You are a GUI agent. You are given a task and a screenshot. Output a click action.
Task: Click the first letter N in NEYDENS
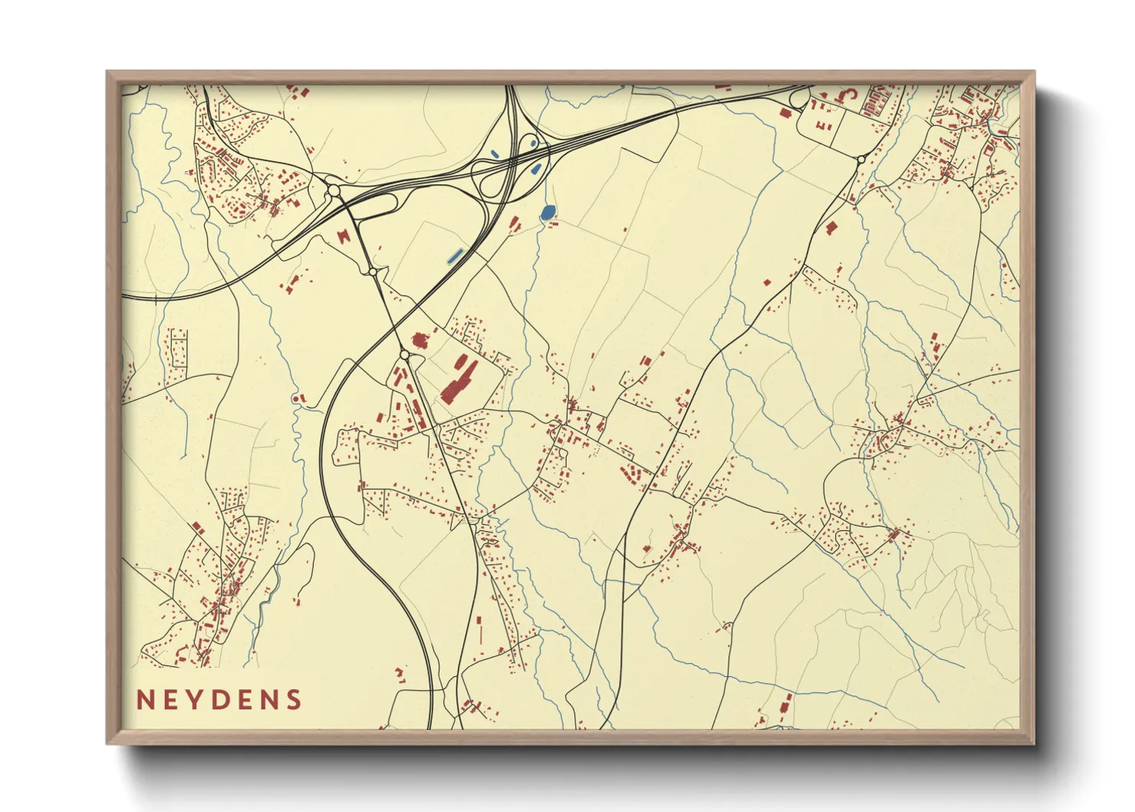click(x=144, y=700)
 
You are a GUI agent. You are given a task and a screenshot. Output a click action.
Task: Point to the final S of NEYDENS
click(x=293, y=700)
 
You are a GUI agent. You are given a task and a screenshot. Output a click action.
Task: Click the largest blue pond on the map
click(x=547, y=213)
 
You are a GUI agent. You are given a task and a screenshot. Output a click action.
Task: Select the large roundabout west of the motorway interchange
click(x=334, y=190)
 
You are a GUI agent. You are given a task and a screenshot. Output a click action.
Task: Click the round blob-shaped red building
click(x=419, y=339)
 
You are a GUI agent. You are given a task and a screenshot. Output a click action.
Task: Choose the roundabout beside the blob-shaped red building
click(x=404, y=355)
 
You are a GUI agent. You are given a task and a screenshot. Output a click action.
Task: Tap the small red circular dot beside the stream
click(x=295, y=398)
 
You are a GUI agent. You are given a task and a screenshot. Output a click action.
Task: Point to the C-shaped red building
click(x=850, y=96)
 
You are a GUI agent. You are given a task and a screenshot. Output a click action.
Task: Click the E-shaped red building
click(x=822, y=124)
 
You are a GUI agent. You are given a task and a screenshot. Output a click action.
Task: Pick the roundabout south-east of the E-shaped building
click(x=860, y=160)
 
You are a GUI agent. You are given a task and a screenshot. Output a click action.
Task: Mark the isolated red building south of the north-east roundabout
click(x=831, y=227)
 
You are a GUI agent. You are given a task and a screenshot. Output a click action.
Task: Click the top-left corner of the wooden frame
click(x=107, y=72)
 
